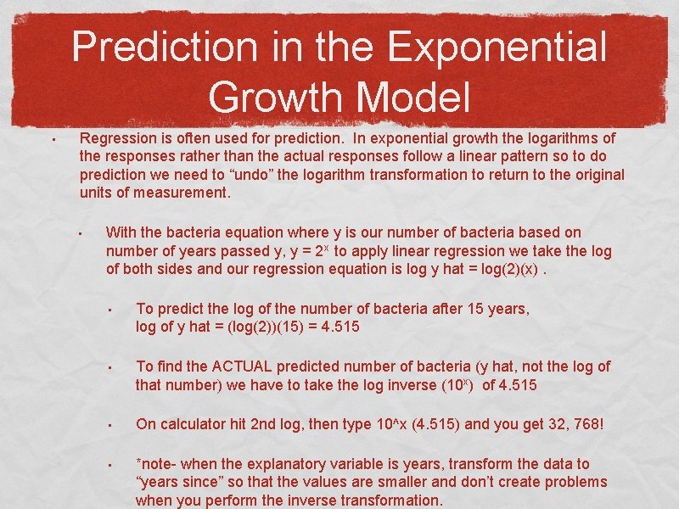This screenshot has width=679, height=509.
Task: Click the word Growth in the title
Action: (273, 96)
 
